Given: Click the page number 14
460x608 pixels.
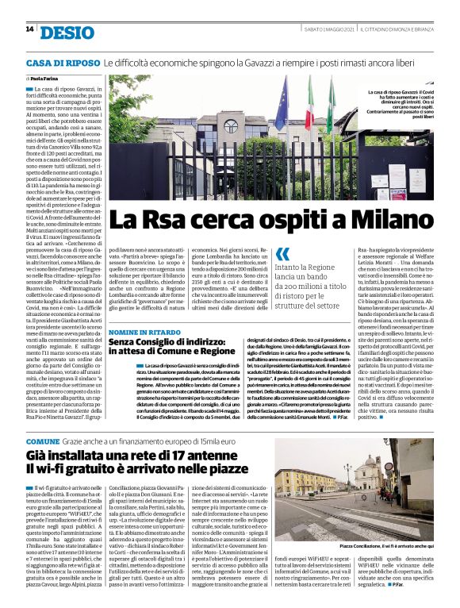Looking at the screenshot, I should tap(29, 30).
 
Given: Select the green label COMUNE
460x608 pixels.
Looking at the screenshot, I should tap(43, 441).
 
